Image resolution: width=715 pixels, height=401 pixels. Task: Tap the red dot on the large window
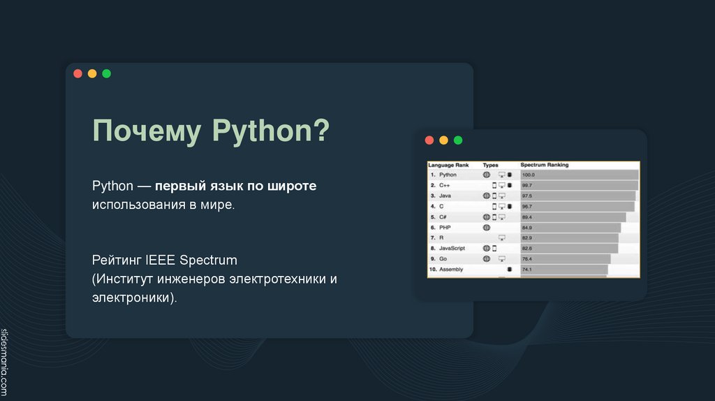click(78, 73)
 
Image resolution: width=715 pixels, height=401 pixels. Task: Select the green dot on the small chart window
click(458, 140)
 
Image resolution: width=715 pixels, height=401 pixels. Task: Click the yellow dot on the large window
click(92, 73)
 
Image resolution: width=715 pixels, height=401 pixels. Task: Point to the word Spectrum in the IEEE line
click(209, 261)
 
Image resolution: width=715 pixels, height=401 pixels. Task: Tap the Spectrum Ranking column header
click(545, 165)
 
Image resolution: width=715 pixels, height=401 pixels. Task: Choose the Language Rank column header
click(448, 165)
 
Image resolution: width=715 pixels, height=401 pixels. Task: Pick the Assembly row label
click(451, 269)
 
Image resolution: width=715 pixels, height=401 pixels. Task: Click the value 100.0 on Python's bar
click(528, 175)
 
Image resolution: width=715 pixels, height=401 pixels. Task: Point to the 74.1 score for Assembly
click(527, 269)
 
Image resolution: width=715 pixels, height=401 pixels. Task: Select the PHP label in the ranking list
click(445, 227)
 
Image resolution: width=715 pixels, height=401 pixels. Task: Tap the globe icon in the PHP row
click(487, 227)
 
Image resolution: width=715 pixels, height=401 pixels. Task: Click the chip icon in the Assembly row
click(510, 269)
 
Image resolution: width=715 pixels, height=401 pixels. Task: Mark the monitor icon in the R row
click(501, 238)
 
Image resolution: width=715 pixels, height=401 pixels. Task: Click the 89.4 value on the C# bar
click(527, 217)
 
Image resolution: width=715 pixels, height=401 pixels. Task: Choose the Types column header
click(491, 165)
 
